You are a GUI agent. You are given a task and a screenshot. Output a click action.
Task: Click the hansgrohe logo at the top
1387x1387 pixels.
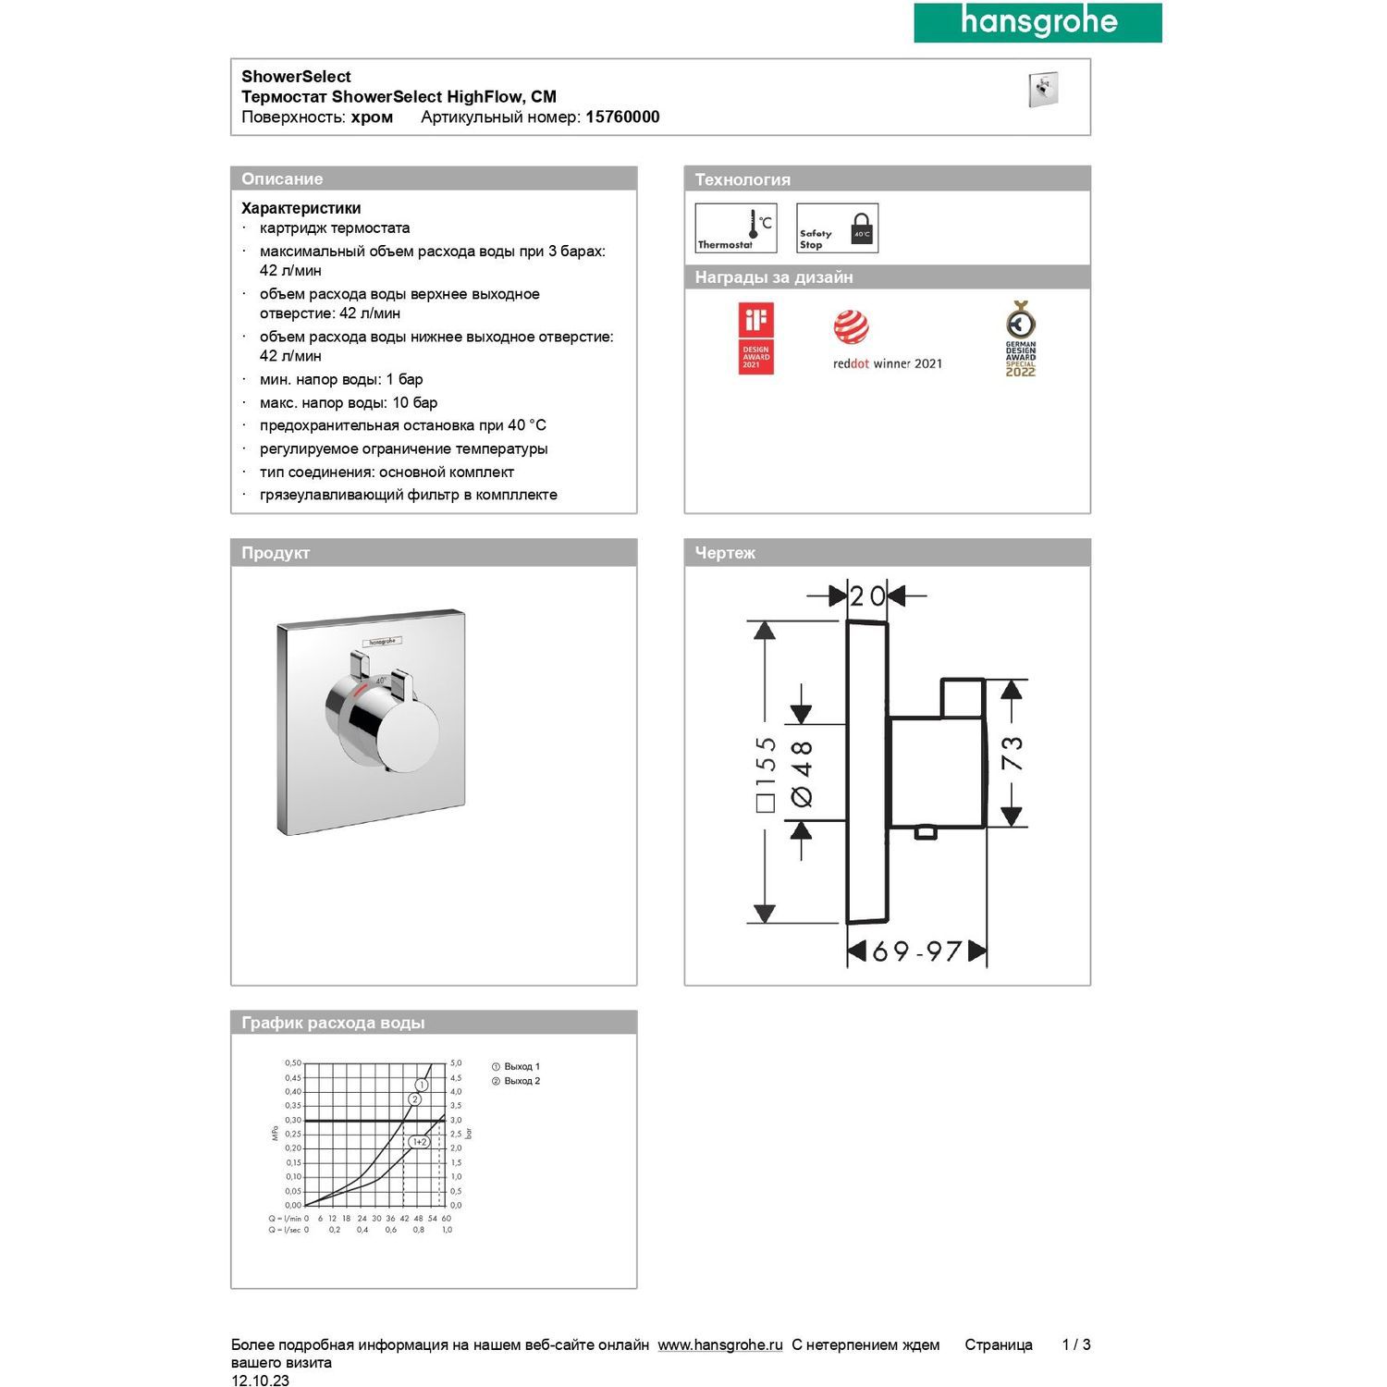pos(1037,22)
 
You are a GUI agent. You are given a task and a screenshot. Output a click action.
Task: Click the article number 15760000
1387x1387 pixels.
pos(622,117)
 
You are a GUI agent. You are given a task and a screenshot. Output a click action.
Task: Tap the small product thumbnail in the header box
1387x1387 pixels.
pos(1043,90)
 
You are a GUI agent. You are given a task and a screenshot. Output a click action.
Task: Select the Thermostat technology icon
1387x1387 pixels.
pos(735,228)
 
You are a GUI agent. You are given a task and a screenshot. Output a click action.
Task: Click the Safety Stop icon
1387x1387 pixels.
pos(837,228)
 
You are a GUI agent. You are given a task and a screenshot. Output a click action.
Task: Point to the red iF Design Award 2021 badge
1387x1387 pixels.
pos(755,338)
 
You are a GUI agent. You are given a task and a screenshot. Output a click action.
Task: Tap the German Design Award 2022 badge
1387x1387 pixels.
pos(1020,338)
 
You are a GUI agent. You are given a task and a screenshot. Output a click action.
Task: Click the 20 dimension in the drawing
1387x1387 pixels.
pos(867,596)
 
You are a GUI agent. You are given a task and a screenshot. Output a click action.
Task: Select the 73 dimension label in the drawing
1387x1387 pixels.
pos(1013,753)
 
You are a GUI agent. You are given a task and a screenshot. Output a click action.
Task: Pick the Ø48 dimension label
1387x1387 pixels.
pos(802,773)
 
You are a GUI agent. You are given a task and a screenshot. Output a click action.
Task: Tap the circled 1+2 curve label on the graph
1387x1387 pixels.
pos(420,1142)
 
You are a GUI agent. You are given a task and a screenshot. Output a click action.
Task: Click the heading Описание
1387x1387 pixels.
pos(282,179)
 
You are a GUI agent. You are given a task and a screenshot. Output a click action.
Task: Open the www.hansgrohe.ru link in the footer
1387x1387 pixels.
pos(720,1344)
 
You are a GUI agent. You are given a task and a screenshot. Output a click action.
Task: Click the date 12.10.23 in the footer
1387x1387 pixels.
pos(260,1381)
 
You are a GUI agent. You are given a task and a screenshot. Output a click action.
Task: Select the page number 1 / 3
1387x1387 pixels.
pos(1076,1344)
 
